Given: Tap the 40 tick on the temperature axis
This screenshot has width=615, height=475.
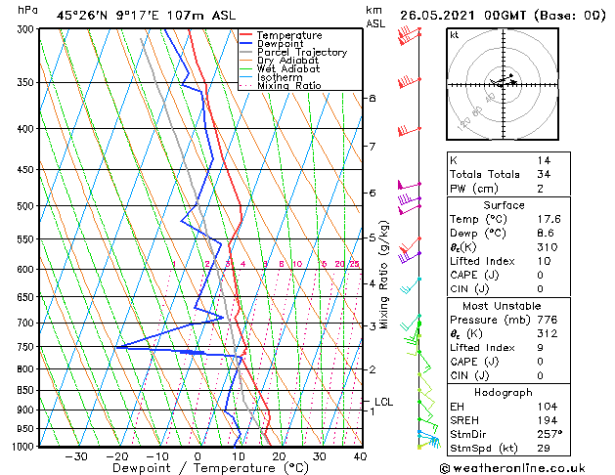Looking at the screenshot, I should (360, 456).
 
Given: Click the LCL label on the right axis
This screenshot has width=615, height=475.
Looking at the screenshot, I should (384, 402).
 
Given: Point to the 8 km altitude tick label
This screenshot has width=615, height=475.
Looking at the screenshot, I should (372, 98).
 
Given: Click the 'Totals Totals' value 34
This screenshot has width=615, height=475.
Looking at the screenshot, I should (543, 174).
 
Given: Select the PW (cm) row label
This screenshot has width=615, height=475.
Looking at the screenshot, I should (473, 189).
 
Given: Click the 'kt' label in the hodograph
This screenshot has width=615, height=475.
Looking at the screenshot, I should (455, 34).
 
